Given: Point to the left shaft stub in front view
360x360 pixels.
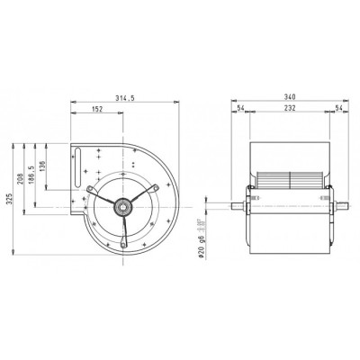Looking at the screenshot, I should pos(238,206).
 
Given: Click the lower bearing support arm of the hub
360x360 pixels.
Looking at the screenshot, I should pos(121,229).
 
